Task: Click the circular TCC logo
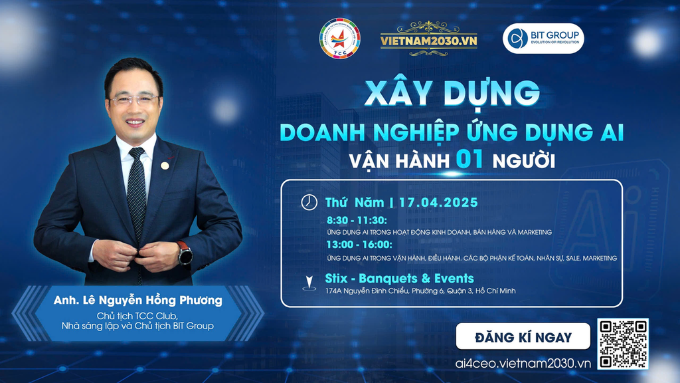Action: click(339, 38)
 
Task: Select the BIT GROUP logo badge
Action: click(543, 39)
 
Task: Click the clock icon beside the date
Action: click(309, 201)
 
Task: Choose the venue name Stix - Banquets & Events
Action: click(400, 278)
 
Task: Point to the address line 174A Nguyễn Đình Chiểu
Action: click(420, 291)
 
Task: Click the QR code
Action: click(622, 344)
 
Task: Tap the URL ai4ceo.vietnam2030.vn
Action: click(523, 363)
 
